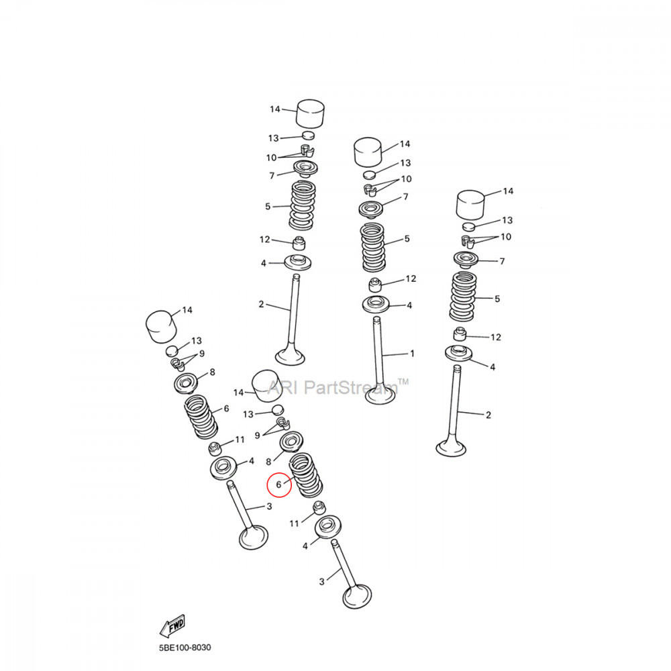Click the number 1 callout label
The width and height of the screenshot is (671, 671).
pyautogui.click(x=412, y=354)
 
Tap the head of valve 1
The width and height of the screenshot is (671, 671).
pyautogui.click(x=380, y=396)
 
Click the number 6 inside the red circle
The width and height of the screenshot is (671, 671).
pyautogui.click(x=278, y=484)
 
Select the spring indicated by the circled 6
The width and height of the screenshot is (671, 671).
pyautogui.click(x=305, y=475)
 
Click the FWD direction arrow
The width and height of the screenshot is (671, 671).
pyautogui.click(x=172, y=625)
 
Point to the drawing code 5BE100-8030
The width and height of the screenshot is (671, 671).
pyautogui.click(x=185, y=648)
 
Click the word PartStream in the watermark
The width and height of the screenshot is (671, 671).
pyautogui.click(x=350, y=388)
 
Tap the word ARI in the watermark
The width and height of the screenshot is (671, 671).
pyautogui.click(x=282, y=388)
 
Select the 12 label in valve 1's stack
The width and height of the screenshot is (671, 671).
pyautogui.click(x=411, y=278)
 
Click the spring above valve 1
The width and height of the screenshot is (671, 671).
pyautogui.click(x=373, y=248)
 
